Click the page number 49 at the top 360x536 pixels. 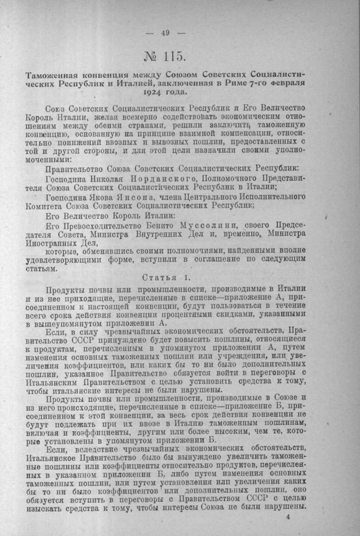[166, 32]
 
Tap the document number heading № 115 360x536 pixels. [165, 56]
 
